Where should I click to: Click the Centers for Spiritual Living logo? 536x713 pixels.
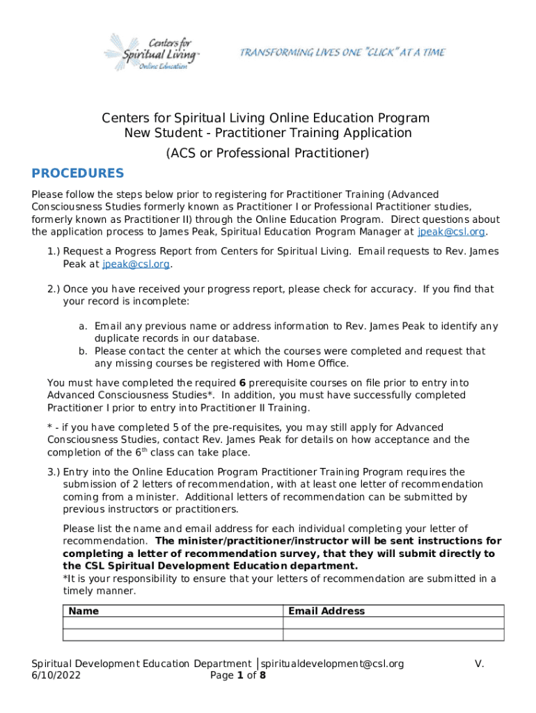(x=151, y=52)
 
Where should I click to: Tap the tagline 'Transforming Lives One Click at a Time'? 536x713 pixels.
(x=342, y=53)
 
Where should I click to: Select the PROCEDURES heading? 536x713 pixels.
(x=78, y=173)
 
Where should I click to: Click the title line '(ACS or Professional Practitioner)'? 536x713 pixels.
(x=267, y=152)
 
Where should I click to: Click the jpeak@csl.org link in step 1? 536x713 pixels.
(x=136, y=264)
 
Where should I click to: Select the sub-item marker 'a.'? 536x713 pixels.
(x=81, y=327)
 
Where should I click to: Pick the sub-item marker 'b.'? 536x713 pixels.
(x=81, y=352)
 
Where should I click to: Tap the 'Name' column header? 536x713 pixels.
(x=84, y=611)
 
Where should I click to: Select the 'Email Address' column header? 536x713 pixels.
(x=326, y=611)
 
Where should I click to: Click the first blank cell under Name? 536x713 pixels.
(x=173, y=623)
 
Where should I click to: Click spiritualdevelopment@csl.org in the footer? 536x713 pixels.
(x=332, y=664)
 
